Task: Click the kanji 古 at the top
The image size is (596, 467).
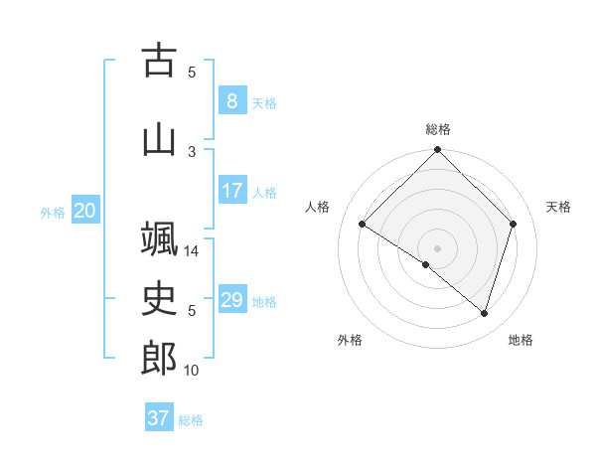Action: (x=159, y=62)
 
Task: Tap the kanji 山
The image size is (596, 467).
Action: (x=159, y=140)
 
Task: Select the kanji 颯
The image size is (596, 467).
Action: (x=159, y=239)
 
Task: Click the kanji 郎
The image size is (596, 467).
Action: (x=159, y=359)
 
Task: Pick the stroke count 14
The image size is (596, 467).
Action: (x=193, y=251)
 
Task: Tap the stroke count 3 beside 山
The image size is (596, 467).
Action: (x=193, y=151)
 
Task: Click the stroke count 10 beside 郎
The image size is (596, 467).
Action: (x=193, y=371)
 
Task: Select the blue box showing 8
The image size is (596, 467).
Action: (x=231, y=100)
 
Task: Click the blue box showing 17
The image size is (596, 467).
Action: (x=231, y=190)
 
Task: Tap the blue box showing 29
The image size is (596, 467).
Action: (x=231, y=299)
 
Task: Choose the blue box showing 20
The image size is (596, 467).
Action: (x=85, y=210)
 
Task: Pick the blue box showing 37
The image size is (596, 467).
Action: (x=158, y=418)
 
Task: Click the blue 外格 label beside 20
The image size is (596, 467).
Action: (x=53, y=212)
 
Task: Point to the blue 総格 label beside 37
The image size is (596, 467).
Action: (x=191, y=420)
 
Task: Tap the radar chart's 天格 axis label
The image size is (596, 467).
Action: (x=558, y=207)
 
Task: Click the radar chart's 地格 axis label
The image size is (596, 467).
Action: (x=521, y=340)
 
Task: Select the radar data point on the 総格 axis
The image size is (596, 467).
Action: (x=437, y=151)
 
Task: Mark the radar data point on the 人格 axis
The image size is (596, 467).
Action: (x=363, y=225)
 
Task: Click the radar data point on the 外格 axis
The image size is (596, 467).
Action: (x=426, y=264)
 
